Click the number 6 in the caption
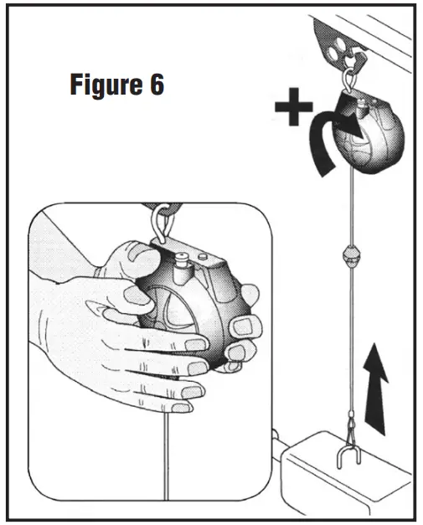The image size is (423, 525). [x=157, y=86]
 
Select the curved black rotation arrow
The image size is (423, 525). [x=322, y=142]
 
